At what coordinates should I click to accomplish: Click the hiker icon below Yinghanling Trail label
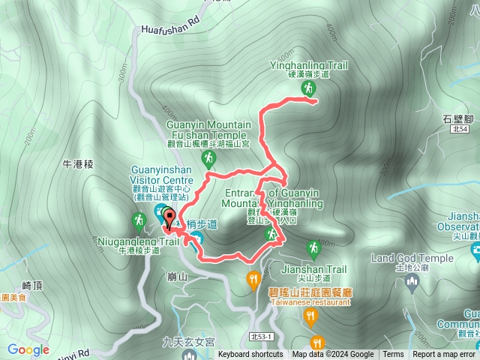tap(307, 89)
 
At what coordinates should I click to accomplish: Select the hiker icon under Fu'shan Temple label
tap(208, 158)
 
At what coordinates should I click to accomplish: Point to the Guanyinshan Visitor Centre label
tap(162, 175)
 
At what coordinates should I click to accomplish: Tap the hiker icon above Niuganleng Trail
tap(139, 220)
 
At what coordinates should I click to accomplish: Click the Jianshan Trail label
tap(313, 269)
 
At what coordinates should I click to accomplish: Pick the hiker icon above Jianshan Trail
tap(313, 247)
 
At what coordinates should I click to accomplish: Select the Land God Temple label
tap(412, 259)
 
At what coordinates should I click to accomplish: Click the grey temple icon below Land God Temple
tap(411, 282)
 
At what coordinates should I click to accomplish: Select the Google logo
tap(28, 349)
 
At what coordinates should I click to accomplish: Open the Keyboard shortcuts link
tap(250, 355)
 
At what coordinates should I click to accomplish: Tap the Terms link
tap(392, 355)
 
